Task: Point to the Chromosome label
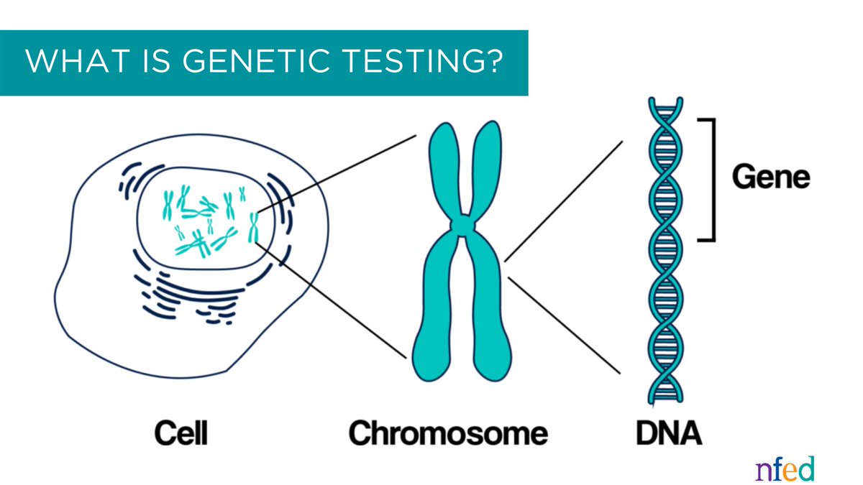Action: pos(448,433)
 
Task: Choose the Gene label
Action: pos(771,177)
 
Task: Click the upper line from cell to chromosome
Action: pos(338,172)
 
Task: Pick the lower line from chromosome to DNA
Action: pos(563,324)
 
